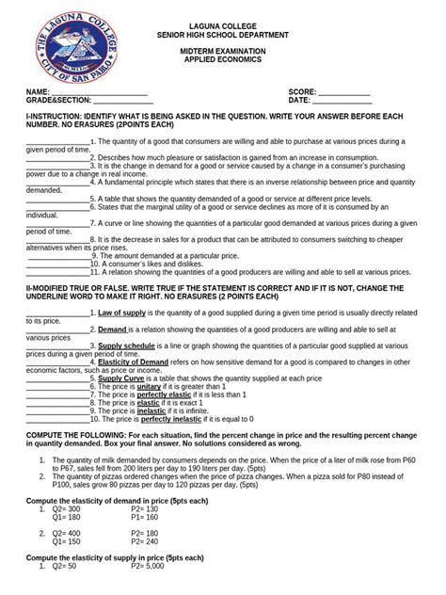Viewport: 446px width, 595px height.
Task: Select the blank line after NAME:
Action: pos(99,91)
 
